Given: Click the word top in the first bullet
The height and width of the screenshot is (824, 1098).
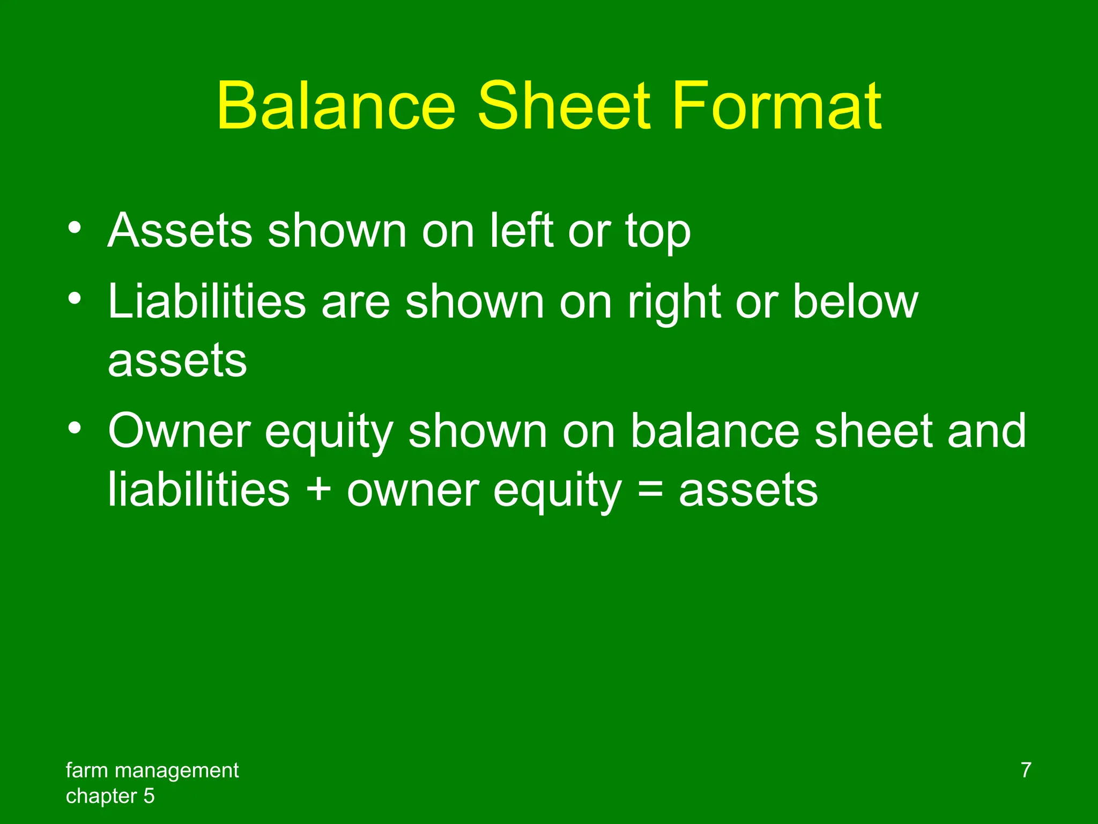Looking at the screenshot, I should pos(657,234).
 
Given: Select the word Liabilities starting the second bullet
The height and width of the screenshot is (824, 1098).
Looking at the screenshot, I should pos(207,302).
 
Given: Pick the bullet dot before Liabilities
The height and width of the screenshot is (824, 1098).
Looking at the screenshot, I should pos(75,298).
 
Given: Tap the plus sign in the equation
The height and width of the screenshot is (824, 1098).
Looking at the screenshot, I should pos(318,490).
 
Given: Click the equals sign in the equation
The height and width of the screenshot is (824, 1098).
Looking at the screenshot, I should pos(650,490).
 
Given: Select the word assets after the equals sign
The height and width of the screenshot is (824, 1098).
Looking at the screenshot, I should pos(748,491).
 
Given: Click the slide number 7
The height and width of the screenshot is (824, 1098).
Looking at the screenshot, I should pos(1026,770).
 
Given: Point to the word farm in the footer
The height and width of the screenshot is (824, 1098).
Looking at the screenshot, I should pos(87,770).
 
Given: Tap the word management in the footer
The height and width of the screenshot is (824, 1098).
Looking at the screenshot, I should pos(176,771).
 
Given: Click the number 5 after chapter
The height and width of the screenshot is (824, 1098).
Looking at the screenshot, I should pos(149,796).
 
